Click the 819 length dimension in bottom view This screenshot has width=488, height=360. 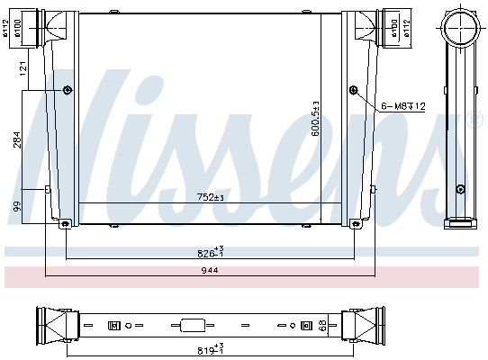[x=211, y=346]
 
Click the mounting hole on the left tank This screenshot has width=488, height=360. [x=68, y=89]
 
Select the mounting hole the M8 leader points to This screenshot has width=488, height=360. [x=354, y=89]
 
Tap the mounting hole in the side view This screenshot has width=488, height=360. [x=460, y=188]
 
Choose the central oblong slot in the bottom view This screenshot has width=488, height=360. [x=193, y=325]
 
